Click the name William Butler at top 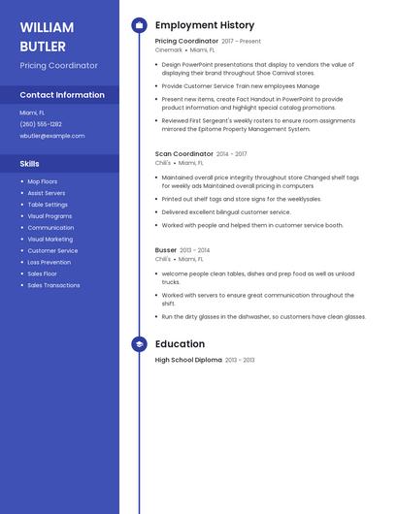point(44,36)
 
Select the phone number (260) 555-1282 point(41,124)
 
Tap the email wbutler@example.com point(52,136)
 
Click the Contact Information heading point(62,95)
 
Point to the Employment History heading point(205,25)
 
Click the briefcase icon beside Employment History point(139,25)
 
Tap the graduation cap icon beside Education point(139,344)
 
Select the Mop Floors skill point(42,181)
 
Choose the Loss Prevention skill point(49,262)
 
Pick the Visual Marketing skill point(50,239)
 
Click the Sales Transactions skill point(53,285)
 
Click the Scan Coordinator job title point(183,153)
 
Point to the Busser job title point(166,250)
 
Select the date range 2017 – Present point(242,42)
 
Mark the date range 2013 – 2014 point(195,250)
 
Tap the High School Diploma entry point(188,360)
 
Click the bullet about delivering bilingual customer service point(226,211)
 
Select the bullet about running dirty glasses point(263,316)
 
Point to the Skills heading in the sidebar point(29,164)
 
